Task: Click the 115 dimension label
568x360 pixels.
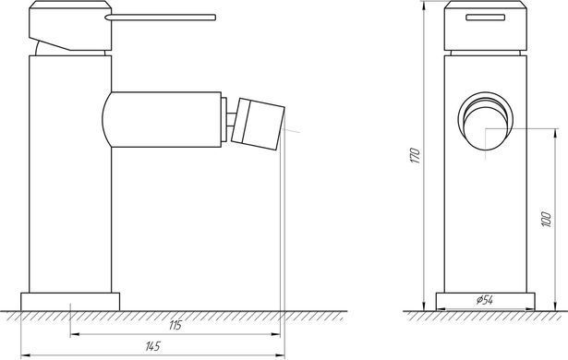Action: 175,325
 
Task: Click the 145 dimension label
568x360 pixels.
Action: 153,346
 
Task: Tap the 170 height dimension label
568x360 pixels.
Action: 415,155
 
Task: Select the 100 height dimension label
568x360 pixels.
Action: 547,220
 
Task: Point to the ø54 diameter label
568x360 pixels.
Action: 485,300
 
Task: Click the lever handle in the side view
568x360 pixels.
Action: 161,18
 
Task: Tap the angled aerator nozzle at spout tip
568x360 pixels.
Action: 258,125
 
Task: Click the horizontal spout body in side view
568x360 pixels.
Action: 162,119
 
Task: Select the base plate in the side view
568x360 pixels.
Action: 70,302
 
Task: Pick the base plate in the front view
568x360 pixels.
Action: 486,302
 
